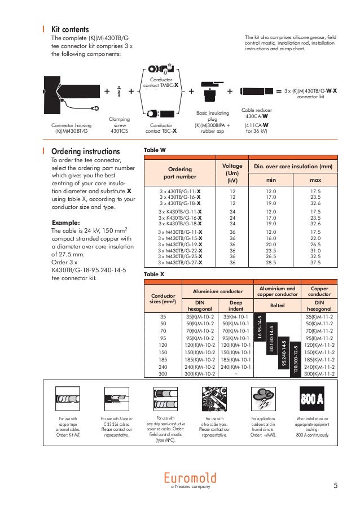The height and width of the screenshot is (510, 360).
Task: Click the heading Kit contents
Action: coord(70,28)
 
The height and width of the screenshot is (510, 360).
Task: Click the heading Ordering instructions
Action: coord(85,151)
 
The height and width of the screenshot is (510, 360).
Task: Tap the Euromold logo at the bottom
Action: coord(190,478)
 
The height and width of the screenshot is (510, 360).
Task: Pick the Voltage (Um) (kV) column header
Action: coord(232,173)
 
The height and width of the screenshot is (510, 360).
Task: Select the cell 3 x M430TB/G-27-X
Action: coord(180,262)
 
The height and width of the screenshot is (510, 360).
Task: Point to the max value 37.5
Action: coord(315,262)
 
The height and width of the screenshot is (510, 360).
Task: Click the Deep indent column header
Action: coord(233,306)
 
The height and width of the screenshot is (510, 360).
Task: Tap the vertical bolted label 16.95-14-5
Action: coord(260,327)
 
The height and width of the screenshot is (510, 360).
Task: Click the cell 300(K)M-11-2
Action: coord(319,374)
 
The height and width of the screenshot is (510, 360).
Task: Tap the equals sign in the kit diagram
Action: coord(278,90)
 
